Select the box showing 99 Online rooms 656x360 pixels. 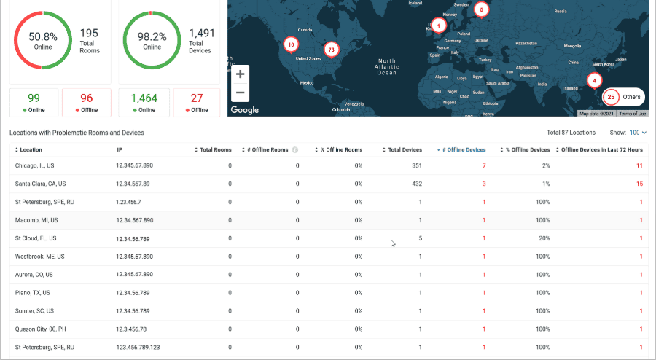[34, 102]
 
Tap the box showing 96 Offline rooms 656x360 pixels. [87, 102]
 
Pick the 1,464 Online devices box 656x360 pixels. [144, 102]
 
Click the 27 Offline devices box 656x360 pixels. [197, 102]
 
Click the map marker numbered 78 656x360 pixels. [332, 50]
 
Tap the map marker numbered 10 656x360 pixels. [291, 44]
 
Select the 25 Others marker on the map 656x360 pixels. [624, 96]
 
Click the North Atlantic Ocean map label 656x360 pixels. [386, 66]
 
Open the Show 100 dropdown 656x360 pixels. [638, 133]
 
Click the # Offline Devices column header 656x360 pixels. [463, 149]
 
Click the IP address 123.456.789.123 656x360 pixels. [138, 348]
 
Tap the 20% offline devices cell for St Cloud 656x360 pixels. [543, 238]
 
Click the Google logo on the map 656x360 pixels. [244, 110]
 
